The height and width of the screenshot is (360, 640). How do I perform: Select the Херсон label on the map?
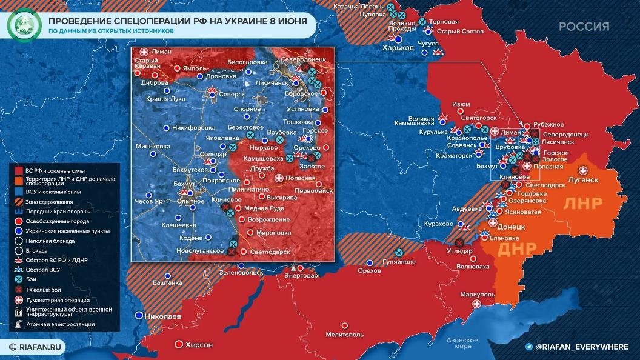coord(199,345)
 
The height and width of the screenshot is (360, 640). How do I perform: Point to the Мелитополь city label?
coord(345,334)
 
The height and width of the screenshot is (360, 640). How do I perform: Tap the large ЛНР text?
coord(583,204)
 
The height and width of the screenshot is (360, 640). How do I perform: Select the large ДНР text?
coord(516,248)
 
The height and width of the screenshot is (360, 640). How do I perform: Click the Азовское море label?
coord(459,343)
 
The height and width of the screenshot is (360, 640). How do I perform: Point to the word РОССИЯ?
coord(584,26)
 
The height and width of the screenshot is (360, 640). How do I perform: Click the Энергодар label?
coord(302,275)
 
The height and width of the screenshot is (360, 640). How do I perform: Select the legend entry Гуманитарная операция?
coord(57,300)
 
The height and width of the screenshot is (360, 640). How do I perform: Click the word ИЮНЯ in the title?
coord(285,20)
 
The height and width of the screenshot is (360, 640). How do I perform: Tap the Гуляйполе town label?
coord(399,263)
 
